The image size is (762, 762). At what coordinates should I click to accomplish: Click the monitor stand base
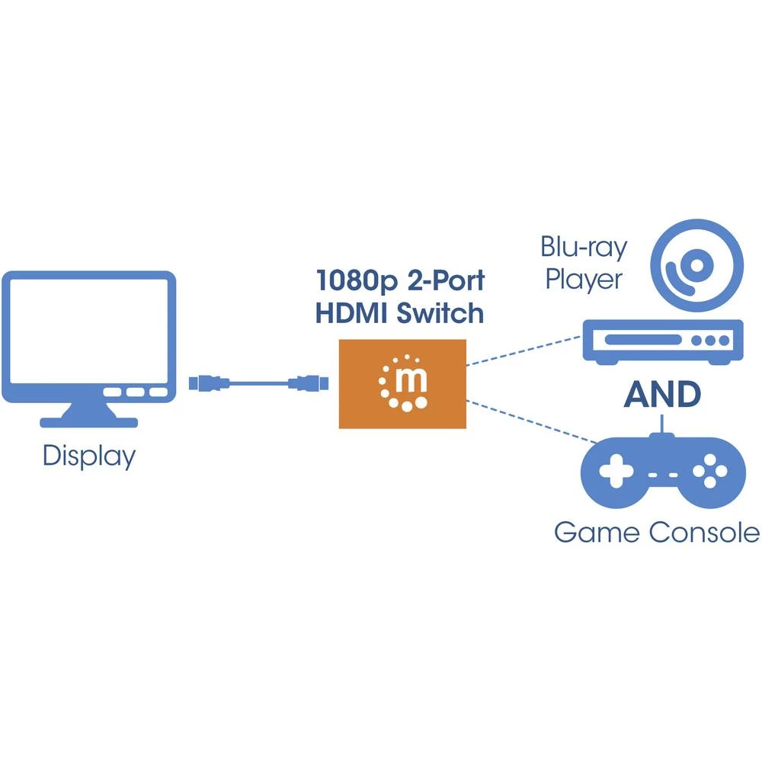(x=89, y=419)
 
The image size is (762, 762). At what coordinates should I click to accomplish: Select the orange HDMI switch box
(x=402, y=383)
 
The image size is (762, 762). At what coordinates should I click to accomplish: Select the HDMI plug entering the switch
(x=309, y=383)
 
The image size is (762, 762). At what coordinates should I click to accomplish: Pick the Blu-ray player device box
(x=662, y=339)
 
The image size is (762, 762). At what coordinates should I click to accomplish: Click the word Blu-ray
(x=584, y=247)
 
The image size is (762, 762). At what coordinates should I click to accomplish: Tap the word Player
(x=584, y=279)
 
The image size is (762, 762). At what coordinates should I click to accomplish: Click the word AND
(x=662, y=394)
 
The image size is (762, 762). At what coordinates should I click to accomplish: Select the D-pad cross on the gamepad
(x=616, y=472)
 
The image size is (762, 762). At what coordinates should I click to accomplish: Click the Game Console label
(x=657, y=532)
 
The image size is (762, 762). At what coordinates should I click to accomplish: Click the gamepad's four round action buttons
(x=709, y=472)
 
